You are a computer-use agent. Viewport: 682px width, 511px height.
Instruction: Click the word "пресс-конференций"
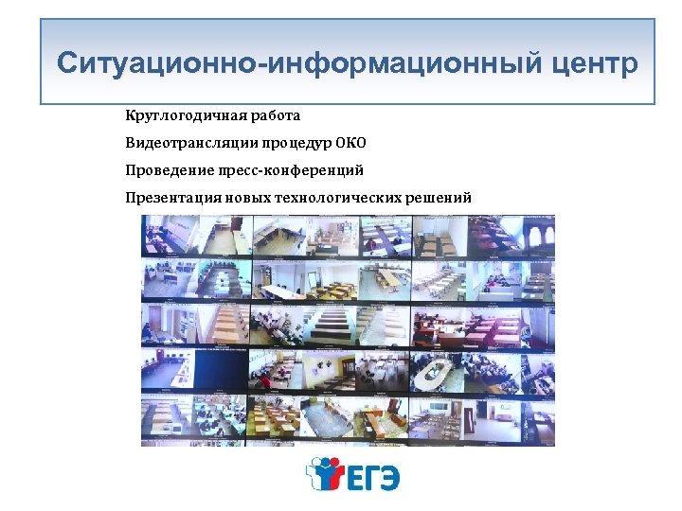click(x=285, y=170)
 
